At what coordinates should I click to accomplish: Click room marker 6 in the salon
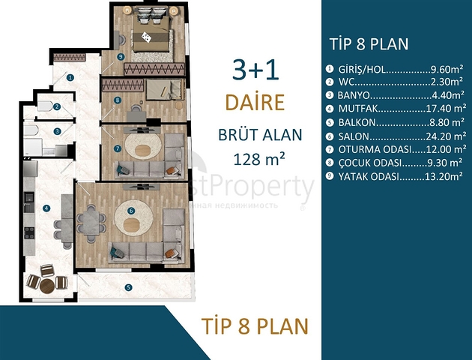[x=131, y=211]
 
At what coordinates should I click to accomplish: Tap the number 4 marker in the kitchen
[x=46, y=208]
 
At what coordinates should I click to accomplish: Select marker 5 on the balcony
[x=129, y=287]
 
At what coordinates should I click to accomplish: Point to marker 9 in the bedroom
[x=121, y=57]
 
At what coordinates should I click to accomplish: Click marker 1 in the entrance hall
[x=70, y=78]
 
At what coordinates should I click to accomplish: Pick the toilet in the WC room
[x=45, y=106]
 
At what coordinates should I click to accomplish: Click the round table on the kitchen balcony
[x=47, y=286]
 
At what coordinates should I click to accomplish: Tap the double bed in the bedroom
[x=151, y=33]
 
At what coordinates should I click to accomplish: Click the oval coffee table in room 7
[x=143, y=151]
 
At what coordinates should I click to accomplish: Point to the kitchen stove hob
[x=29, y=232]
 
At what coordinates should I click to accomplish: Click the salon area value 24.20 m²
[x=446, y=136]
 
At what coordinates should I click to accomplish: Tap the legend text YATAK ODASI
[x=369, y=176]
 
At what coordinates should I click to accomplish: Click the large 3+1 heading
[x=255, y=70]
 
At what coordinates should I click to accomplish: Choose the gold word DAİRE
[x=255, y=102]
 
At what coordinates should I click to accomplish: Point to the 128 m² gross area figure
[x=259, y=159]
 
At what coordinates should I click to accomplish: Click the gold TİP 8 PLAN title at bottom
[x=255, y=326]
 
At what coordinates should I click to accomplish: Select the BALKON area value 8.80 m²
[x=447, y=122]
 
